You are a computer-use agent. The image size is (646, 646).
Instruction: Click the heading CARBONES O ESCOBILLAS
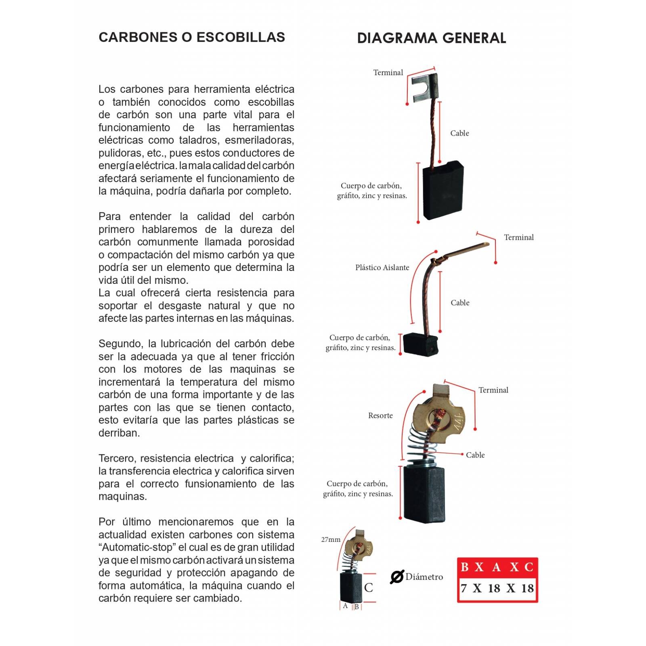pyautogui.click(x=192, y=37)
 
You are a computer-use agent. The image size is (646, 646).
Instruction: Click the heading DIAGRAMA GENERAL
pyautogui.click(x=431, y=38)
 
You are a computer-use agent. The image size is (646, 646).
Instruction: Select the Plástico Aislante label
pyautogui.click(x=382, y=268)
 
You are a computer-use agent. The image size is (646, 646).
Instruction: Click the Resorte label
pyautogui.click(x=380, y=415)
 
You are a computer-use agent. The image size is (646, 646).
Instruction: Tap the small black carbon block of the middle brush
pyautogui.click(x=420, y=345)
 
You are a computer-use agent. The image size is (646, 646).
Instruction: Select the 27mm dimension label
pyautogui.click(x=331, y=539)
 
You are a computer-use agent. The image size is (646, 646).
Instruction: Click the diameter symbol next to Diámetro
pyautogui.click(x=396, y=577)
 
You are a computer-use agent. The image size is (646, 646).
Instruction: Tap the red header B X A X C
pyautogui.click(x=497, y=567)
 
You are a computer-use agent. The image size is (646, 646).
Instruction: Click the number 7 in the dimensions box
pyautogui.click(x=464, y=588)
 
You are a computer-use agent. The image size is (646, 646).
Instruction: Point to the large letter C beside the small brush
pyautogui.click(x=368, y=588)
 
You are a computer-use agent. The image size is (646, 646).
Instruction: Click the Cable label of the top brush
pyautogui.click(x=459, y=133)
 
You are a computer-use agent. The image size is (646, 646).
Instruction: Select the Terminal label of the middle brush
pyautogui.click(x=518, y=237)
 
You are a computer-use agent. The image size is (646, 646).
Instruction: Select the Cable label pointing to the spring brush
pyautogui.click(x=475, y=455)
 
